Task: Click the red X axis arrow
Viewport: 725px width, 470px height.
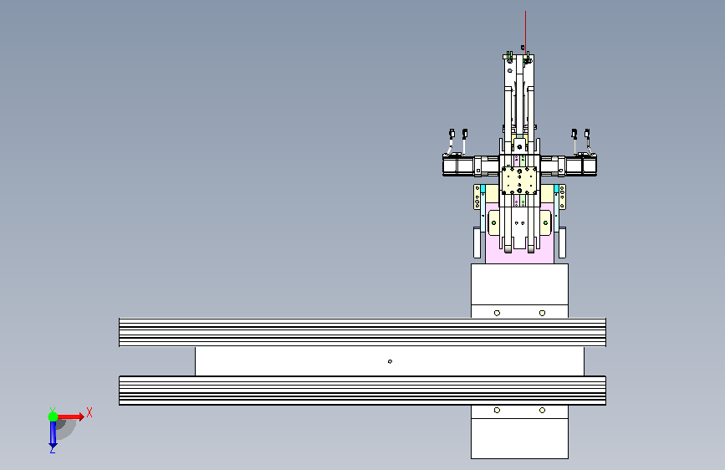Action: coord(69,416)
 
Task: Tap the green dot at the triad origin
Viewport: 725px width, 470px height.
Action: coord(53,416)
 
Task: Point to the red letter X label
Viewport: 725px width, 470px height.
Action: coord(89,412)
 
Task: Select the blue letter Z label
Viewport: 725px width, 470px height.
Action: coord(52,449)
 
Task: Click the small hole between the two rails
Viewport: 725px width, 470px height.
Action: coord(390,361)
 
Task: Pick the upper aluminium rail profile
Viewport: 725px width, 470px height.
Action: coord(363,332)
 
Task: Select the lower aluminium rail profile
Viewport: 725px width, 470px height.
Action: coord(363,391)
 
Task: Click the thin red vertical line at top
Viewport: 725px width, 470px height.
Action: coord(525,31)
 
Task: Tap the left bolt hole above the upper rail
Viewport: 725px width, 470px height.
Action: coord(497,313)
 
